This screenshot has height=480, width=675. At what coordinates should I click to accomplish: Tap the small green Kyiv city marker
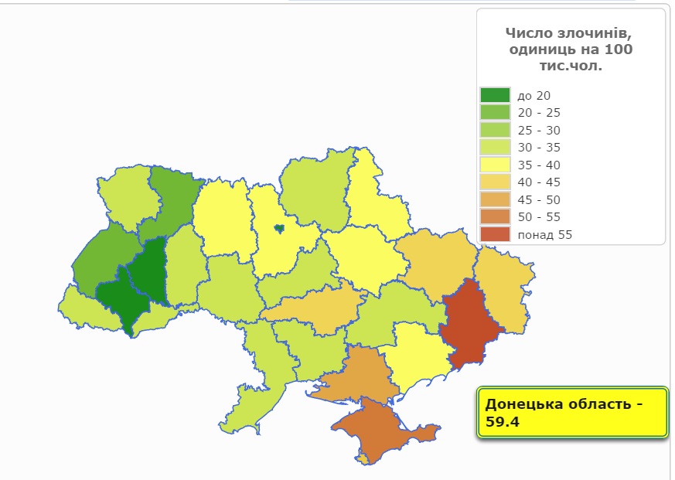click(x=278, y=228)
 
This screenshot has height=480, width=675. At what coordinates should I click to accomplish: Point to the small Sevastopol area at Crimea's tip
click(x=364, y=458)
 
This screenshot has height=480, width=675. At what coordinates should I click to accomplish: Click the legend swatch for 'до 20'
click(x=495, y=95)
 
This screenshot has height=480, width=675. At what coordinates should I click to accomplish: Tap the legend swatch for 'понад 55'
click(x=495, y=234)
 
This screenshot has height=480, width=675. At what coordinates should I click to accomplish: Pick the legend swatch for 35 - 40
click(x=495, y=165)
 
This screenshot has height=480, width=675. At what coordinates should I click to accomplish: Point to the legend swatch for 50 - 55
click(x=495, y=216)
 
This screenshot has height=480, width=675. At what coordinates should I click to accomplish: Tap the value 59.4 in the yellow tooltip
click(x=502, y=421)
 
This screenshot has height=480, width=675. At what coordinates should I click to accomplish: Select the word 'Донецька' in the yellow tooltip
click(x=519, y=403)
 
